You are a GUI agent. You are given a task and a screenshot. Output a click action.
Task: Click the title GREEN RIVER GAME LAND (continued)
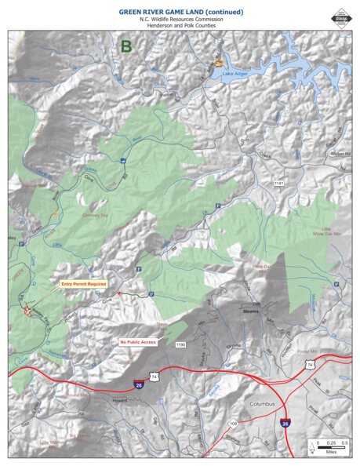coord(180,12)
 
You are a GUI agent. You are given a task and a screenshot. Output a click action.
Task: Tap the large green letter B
coord(125,47)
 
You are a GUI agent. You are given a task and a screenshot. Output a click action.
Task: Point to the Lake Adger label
coord(238,74)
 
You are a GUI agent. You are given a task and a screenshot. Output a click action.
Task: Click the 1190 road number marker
coord(180,344)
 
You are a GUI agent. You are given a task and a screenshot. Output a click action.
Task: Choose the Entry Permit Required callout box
coord(83,285)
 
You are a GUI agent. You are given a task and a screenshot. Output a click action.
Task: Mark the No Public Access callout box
coord(140,342)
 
